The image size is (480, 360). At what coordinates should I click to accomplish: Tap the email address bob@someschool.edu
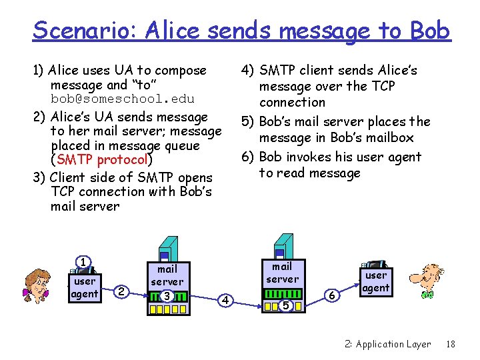tap(123, 99)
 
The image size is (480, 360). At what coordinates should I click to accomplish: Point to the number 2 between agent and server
tap(121, 291)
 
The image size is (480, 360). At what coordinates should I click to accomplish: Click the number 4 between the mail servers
tap(226, 301)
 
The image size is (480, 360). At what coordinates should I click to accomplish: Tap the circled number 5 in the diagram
tap(285, 306)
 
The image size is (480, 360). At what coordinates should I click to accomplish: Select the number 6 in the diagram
tap(332, 294)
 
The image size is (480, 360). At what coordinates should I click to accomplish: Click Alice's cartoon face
tap(38, 285)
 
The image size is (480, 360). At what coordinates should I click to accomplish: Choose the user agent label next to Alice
tap(85, 287)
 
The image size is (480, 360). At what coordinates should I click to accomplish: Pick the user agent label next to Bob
tap(376, 281)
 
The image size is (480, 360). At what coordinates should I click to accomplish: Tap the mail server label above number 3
tap(167, 275)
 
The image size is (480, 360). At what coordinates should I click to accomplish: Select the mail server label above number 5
tap(283, 273)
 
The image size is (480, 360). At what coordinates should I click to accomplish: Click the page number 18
tap(451, 344)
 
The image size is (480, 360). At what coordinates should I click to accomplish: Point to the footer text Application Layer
tap(393, 344)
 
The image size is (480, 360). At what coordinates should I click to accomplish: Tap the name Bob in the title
tap(430, 31)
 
